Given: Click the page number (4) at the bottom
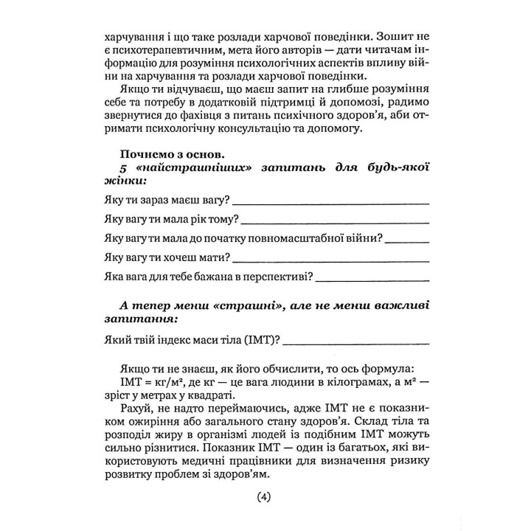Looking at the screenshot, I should pos(265,498).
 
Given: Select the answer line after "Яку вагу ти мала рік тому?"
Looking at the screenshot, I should pos(336,221).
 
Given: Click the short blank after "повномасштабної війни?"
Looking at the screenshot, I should pos(407,240).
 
